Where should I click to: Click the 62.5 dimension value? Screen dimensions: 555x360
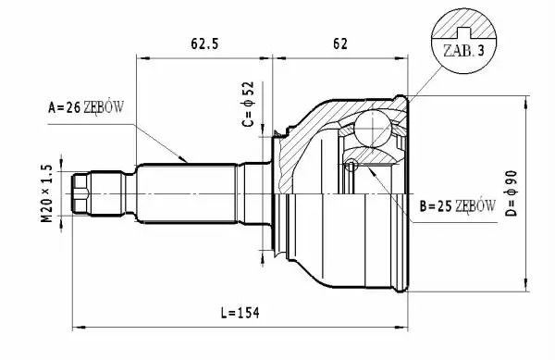coord(204,43)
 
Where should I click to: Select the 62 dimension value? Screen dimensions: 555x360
coord(340,43)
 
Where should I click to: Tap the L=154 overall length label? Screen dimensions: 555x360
coord(240,313)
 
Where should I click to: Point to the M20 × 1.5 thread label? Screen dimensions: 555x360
coord(47,193)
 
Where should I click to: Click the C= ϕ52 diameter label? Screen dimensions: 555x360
coord(248,104)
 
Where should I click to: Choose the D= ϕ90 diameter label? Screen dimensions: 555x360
coord(512,193)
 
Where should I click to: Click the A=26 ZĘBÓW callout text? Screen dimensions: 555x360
coord(86,107)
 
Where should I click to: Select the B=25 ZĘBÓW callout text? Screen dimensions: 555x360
coord(457,206)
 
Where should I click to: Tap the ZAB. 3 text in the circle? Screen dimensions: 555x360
coord(463,51)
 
